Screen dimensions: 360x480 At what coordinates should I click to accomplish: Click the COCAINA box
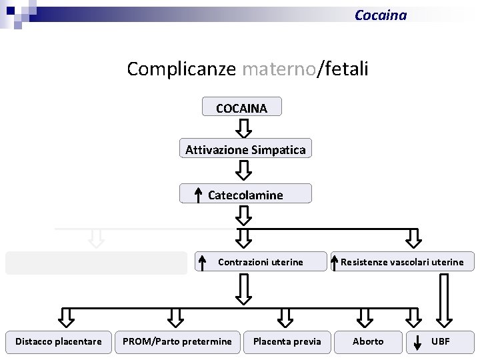coord(241,107)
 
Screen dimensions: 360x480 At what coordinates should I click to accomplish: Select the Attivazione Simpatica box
coord(245,149)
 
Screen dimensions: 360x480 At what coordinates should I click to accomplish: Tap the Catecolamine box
coord(245,195)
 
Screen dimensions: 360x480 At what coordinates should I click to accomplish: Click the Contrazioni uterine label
coord(260,262)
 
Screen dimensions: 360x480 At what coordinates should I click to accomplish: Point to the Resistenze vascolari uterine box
coord(402,262)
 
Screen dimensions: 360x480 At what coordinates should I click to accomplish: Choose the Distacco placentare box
coord(59,341)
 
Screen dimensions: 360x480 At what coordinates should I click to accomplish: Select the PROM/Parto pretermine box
coord(177,341)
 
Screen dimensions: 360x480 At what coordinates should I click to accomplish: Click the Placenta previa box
coord(287,341)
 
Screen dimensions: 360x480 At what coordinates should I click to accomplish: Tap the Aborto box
coord(368,341)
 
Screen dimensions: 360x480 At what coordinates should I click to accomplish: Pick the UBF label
coord(441,341)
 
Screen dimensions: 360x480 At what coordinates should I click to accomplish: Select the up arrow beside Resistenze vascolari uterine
coord(335,262)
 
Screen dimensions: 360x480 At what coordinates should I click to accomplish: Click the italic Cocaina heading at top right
coord(380,15)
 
